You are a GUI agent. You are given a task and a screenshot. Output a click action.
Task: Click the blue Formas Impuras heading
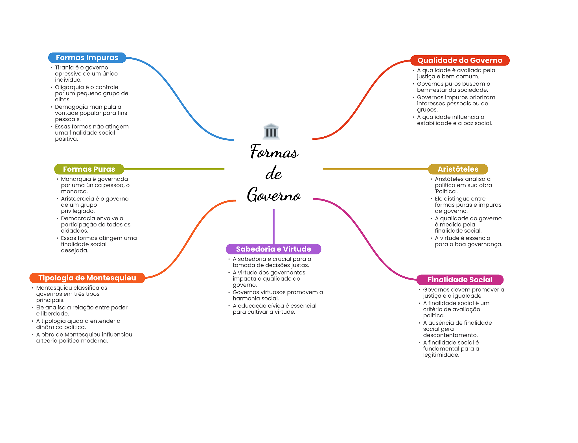click(x=87, y=58)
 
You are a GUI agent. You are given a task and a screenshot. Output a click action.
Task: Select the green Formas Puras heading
click(x=89, y=169)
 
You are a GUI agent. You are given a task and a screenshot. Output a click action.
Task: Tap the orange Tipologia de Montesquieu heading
click(x=87, y=278)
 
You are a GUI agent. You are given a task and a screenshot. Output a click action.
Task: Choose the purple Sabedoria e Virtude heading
click(x=273, y=249)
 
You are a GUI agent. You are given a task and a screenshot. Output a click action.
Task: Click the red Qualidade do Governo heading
click(x=460, y=60)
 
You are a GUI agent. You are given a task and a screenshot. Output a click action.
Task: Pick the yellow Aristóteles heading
click(x=458, y=169)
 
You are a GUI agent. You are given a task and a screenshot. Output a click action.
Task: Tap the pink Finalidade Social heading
click(x=460, y=280)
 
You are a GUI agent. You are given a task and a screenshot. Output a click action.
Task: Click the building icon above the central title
click(x=271, y=131)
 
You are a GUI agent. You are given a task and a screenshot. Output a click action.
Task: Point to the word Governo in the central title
click(x=274, y=195)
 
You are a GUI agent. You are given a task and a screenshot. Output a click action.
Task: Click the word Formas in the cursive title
click(x=274, y=151)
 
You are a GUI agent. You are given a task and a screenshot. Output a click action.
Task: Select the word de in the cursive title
click(x=273, y=173)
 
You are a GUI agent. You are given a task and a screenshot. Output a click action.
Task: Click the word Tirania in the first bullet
click(x=64, y=67)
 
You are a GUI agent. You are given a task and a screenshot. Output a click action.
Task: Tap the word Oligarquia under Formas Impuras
click(x=69, y=88)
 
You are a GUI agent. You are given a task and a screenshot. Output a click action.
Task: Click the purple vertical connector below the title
click(x=273, y=226)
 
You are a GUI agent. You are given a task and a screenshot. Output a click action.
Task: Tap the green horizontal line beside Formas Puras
click(x=174, y=169)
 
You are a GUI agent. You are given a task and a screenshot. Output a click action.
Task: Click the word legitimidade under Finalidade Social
click(x=441, y=355)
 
